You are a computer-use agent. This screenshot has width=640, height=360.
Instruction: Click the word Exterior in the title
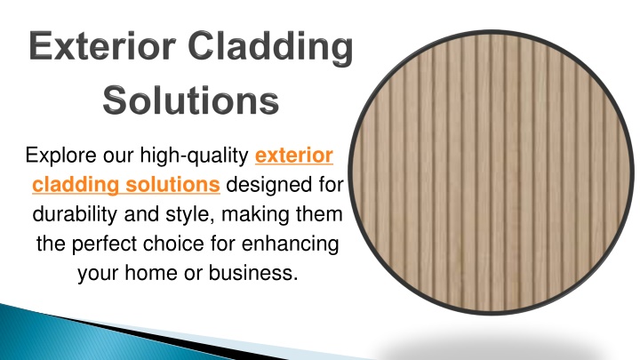pos(102,45)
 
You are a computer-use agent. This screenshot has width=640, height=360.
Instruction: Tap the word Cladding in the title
pos(270,48)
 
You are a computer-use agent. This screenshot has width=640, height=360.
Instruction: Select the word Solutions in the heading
pos(190,100)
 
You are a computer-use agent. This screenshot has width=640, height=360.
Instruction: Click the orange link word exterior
pos(294,155)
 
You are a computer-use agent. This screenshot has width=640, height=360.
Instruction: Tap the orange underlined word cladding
pos(76,185)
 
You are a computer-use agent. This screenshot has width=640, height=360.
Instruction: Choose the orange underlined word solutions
pos(172,185)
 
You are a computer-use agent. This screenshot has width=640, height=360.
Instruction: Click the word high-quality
pos(195,156)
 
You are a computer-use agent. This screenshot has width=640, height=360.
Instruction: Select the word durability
pos(75,214)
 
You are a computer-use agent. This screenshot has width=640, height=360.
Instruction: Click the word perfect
pos(104,244)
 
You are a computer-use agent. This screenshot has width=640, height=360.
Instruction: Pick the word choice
pos(173,244)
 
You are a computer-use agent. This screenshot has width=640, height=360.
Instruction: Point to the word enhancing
pos(290,244)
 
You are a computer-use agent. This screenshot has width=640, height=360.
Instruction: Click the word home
pos(151,273)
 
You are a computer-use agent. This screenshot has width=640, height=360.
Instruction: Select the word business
pos(253,273)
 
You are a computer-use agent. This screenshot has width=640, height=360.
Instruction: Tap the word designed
pos(270,185)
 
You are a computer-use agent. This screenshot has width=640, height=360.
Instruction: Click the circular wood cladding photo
pos(492,172)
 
